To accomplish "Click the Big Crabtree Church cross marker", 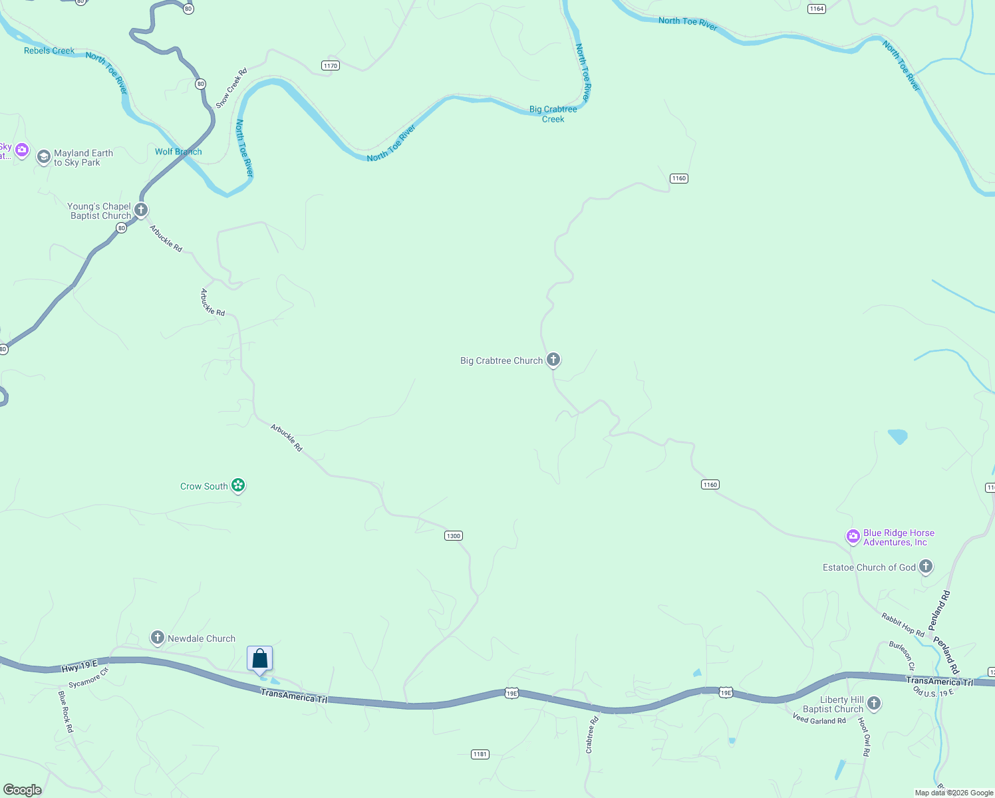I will tap(553, 360).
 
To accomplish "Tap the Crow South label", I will tap(204, 486).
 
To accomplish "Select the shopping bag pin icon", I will tap(260, 659).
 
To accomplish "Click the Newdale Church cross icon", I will tap(158, 638).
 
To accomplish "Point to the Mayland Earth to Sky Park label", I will tap(83, 158).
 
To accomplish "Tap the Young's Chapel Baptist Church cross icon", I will tap(141, 210).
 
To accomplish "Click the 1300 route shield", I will tap(453, 536).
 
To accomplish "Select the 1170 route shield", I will tap(331, 65).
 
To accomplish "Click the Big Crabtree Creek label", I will tap(553, 114).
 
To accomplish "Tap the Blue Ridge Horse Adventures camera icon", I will tap(853, 536).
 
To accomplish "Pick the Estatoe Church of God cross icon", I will tap(926, 567).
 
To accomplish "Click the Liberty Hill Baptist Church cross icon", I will tap(874, 703).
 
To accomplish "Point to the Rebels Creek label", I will tap(49, 51).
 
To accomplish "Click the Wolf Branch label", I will tap(178, 152).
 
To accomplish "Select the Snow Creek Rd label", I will tap(231, 88).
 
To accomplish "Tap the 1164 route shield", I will tap(817, 9).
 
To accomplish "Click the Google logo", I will tap(22, 790).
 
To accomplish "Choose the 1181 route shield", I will tap(480, 754).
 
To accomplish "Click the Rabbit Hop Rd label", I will tap(903, 624).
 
